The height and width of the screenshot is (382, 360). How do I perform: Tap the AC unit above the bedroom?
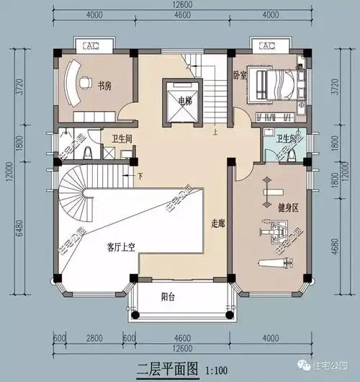(x=266, y=46)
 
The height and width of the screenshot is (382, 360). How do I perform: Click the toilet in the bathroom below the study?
(x=86, y=153)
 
